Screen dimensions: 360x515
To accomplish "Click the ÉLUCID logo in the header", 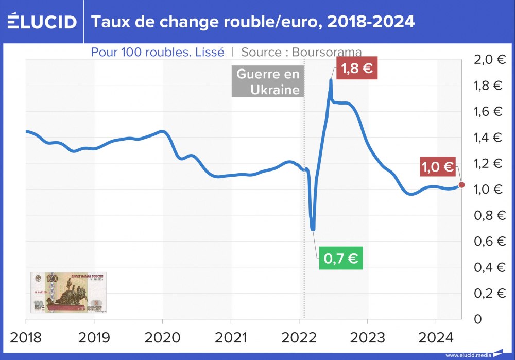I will (42, 22).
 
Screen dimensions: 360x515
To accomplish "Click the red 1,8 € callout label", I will (356, 68).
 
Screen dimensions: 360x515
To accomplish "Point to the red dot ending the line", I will (461, 185).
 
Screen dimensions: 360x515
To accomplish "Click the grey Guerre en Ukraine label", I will (267, 81).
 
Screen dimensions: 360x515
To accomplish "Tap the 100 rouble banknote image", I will (68, 292).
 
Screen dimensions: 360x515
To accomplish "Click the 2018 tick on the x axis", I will (26, 338).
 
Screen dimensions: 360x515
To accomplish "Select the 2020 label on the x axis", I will (163, 338).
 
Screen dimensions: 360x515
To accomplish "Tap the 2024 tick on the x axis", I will (436, 338).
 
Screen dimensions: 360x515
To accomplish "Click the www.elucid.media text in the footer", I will (468, 355).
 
